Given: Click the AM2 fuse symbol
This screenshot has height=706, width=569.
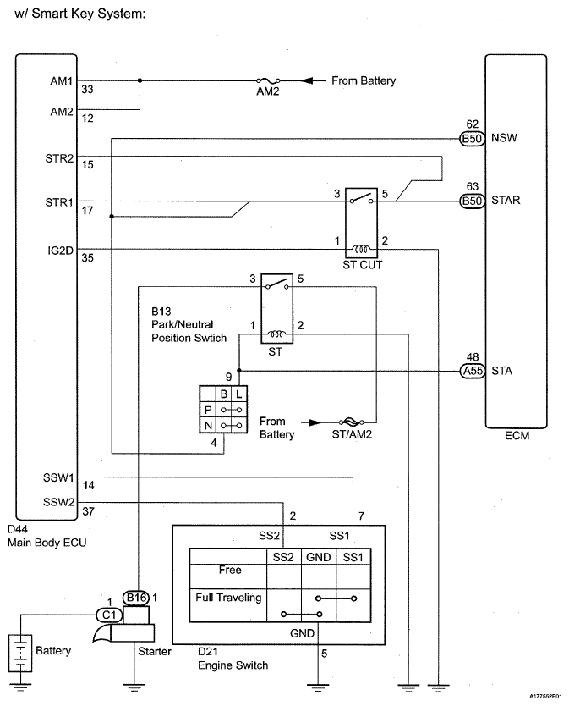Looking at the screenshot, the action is pos(268,80).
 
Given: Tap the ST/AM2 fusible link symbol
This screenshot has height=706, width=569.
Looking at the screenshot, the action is pos(352,422).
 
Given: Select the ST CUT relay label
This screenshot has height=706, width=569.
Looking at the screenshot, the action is pos(362,265).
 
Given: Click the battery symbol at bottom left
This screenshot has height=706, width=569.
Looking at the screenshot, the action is pos(20,654).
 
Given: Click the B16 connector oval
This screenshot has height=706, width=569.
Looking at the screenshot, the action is pos(136,598).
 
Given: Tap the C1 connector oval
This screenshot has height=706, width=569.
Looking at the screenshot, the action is pos(109,615).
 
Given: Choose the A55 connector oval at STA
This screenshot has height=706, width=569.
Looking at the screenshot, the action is pos(473,371).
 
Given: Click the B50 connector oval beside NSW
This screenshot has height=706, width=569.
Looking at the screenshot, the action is pos(473,138).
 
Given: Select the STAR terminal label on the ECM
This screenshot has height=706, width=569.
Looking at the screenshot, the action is pos(506,200).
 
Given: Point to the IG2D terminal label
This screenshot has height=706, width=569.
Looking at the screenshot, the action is pos(60,251).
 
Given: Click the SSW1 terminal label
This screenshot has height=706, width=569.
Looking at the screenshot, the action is pos(58,477).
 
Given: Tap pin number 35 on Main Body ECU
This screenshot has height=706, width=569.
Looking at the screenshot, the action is pos(87,257).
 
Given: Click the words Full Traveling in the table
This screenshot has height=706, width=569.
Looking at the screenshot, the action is pos(228,598).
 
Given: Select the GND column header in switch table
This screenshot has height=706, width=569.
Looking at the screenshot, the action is pos(319,557).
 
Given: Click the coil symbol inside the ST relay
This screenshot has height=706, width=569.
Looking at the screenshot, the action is pos(276,334).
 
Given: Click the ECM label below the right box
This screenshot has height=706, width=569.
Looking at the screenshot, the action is pos(517,435).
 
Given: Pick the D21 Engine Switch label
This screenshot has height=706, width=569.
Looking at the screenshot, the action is pos(233,659).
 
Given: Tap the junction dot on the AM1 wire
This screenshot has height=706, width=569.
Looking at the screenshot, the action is pos(140,80).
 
